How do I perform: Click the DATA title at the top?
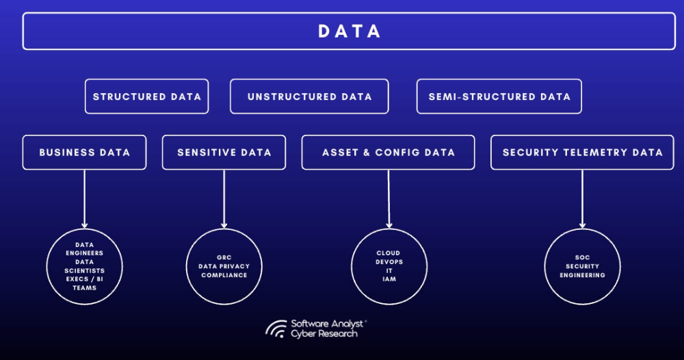click(349, 31)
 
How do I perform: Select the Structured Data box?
click(146, 97)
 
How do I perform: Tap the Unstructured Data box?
click(309, 97)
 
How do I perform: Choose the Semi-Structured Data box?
click(499, 97)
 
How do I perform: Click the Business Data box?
click(84, 153)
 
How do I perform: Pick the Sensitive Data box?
click(224, 153)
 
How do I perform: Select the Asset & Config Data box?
click(389, 153)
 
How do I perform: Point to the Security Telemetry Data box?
click(582, 153)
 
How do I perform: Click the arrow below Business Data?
click(84, 199)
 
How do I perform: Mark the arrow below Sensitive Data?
click(224, 199)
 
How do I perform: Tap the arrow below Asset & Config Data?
click(389, 199)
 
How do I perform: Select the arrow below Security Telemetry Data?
click(582, 199)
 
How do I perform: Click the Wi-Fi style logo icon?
click(276, 329)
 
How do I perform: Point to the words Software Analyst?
click(327, 324)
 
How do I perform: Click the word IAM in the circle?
click(389, 279)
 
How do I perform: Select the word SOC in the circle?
click(582, 257)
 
